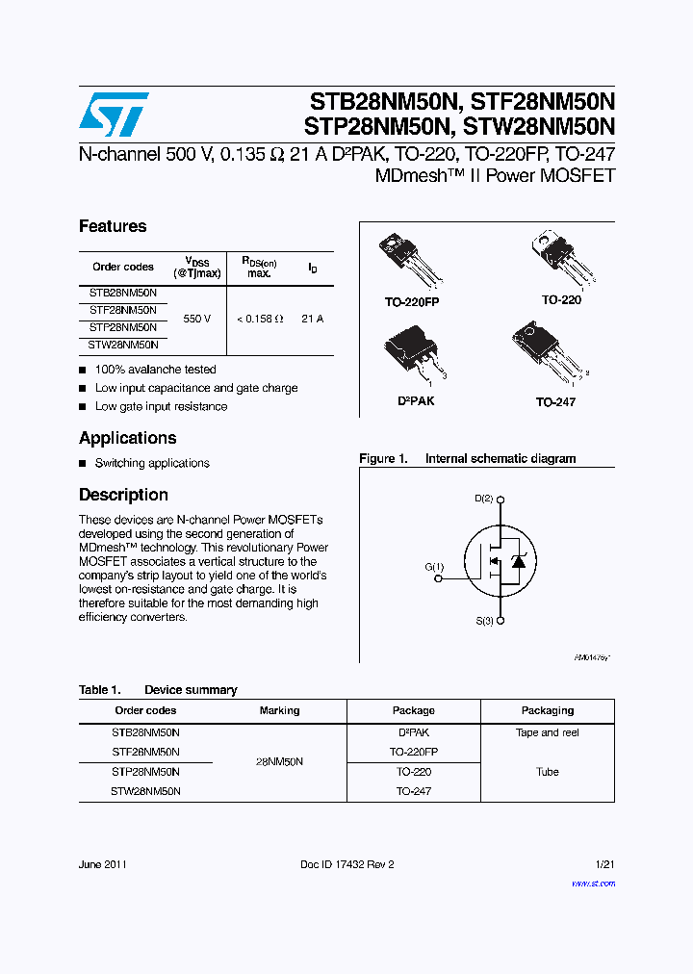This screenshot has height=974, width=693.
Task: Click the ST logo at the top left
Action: tap(114, 115)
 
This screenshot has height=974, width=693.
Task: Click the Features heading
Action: tap(113, 226)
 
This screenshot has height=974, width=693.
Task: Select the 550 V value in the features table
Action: tap(196, 318)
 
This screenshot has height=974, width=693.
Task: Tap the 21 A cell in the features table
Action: tap(312, 318)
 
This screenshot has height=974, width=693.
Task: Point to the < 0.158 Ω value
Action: tap(260, 318)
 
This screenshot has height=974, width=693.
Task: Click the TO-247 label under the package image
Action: tap(555, 401)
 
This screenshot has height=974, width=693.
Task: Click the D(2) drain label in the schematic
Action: tap(483, 499)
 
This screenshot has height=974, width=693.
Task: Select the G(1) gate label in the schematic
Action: tap(434, 567)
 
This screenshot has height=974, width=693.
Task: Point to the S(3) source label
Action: tap(483, 621)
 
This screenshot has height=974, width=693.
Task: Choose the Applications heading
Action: tap(127, 438)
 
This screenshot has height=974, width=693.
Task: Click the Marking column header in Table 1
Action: tap(279, 710)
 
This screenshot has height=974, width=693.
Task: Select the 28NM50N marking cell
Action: tap(279, 761)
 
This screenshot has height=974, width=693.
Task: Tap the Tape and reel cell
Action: tap(547, 732)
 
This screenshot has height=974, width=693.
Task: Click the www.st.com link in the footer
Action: tap(593, 884)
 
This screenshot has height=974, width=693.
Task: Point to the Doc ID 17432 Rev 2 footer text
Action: tap(346, 864)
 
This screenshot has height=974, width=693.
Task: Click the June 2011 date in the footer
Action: tap(102, 864)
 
